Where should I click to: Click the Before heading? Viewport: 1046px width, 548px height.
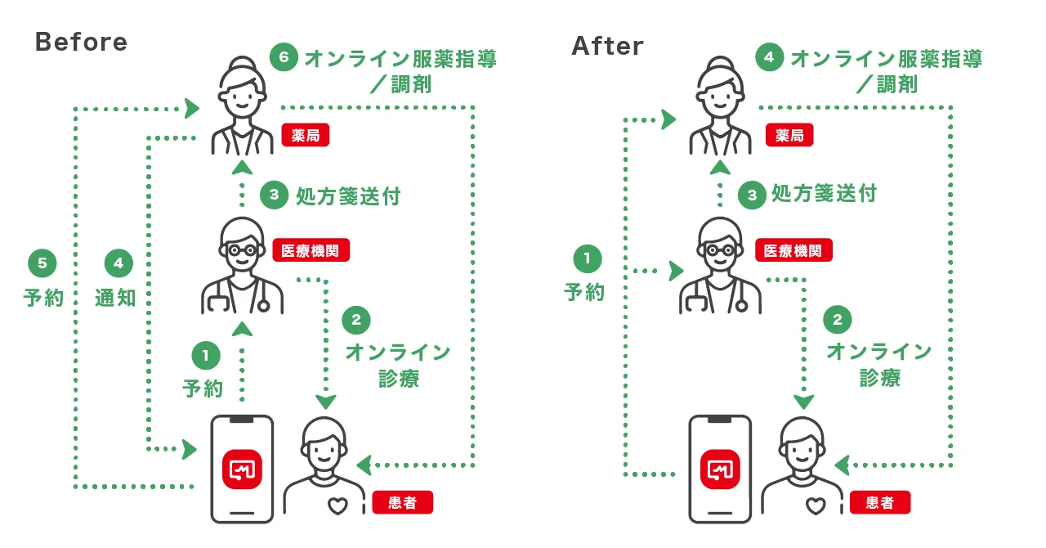(82, 43)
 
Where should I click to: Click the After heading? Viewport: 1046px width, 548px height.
(608, 47)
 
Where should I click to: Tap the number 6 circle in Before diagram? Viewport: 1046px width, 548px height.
(283, 60)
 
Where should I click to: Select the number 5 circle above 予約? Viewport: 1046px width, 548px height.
(42, 263)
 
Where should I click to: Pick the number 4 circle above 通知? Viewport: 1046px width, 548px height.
(118, 263)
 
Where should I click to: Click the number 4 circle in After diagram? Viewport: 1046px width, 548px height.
(769, 58)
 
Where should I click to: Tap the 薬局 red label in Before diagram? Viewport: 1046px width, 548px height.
(306, 136)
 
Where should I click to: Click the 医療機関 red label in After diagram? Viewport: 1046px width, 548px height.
(793, 250)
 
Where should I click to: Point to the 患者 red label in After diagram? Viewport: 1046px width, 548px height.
(879, 501)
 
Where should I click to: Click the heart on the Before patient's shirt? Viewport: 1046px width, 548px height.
(337, 506)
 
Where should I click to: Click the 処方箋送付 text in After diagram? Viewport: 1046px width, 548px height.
(824, 194)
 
